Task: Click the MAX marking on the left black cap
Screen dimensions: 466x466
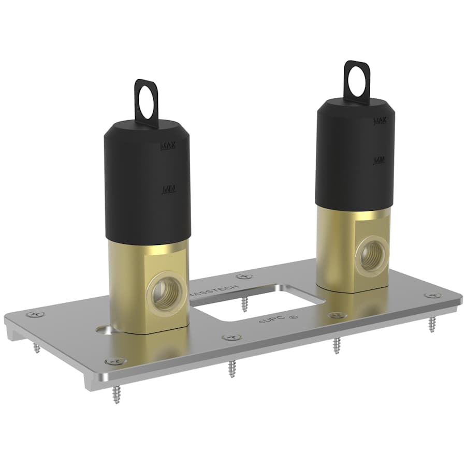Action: pos(168,146)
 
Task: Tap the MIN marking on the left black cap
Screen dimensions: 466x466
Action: pos(169,190)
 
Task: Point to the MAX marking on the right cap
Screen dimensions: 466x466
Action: pos(380,121)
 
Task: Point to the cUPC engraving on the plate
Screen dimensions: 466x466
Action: pos(270,319)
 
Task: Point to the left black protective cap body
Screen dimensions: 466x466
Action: pos(147,181)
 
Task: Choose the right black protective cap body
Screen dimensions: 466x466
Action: pos(356,155)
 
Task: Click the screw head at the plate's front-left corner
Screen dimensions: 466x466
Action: pos(111,362)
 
